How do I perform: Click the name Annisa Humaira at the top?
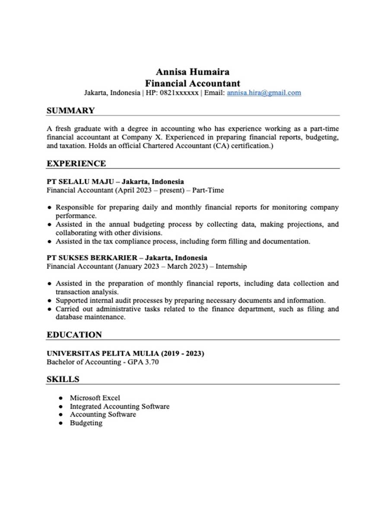[192, 71]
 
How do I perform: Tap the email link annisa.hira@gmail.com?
[264, 93]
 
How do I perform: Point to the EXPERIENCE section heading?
[76, 163]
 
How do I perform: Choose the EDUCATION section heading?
[74, 335]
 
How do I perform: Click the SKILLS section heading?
[63, 379]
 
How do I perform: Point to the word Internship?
[231, 266]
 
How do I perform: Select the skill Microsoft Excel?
[95, 398]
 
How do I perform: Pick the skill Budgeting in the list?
[86, 423]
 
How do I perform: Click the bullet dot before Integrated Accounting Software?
[60, 407]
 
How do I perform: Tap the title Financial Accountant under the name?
[192, 83]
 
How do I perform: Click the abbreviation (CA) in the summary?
[221, 146]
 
